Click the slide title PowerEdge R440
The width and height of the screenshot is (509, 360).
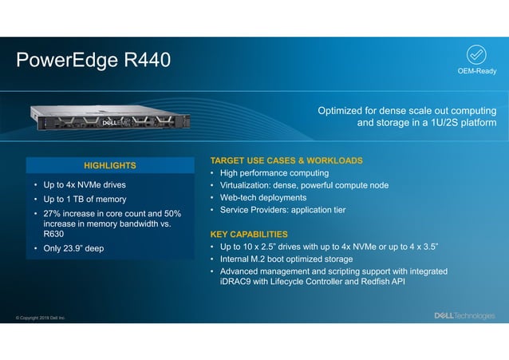click(93, 61)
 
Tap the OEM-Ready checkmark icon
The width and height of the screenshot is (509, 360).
click(476, 54)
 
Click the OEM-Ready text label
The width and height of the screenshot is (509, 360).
click(476, 72)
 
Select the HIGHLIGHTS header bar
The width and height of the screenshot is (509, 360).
click(110, 165)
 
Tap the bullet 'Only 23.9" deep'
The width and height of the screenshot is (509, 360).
click(73, 248)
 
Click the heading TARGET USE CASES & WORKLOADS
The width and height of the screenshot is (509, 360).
click(286, 160)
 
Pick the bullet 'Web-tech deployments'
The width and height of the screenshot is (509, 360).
click(262, 197)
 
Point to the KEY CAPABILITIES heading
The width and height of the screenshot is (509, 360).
click(249, 235)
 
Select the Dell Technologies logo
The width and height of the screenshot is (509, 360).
click(464, 315)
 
